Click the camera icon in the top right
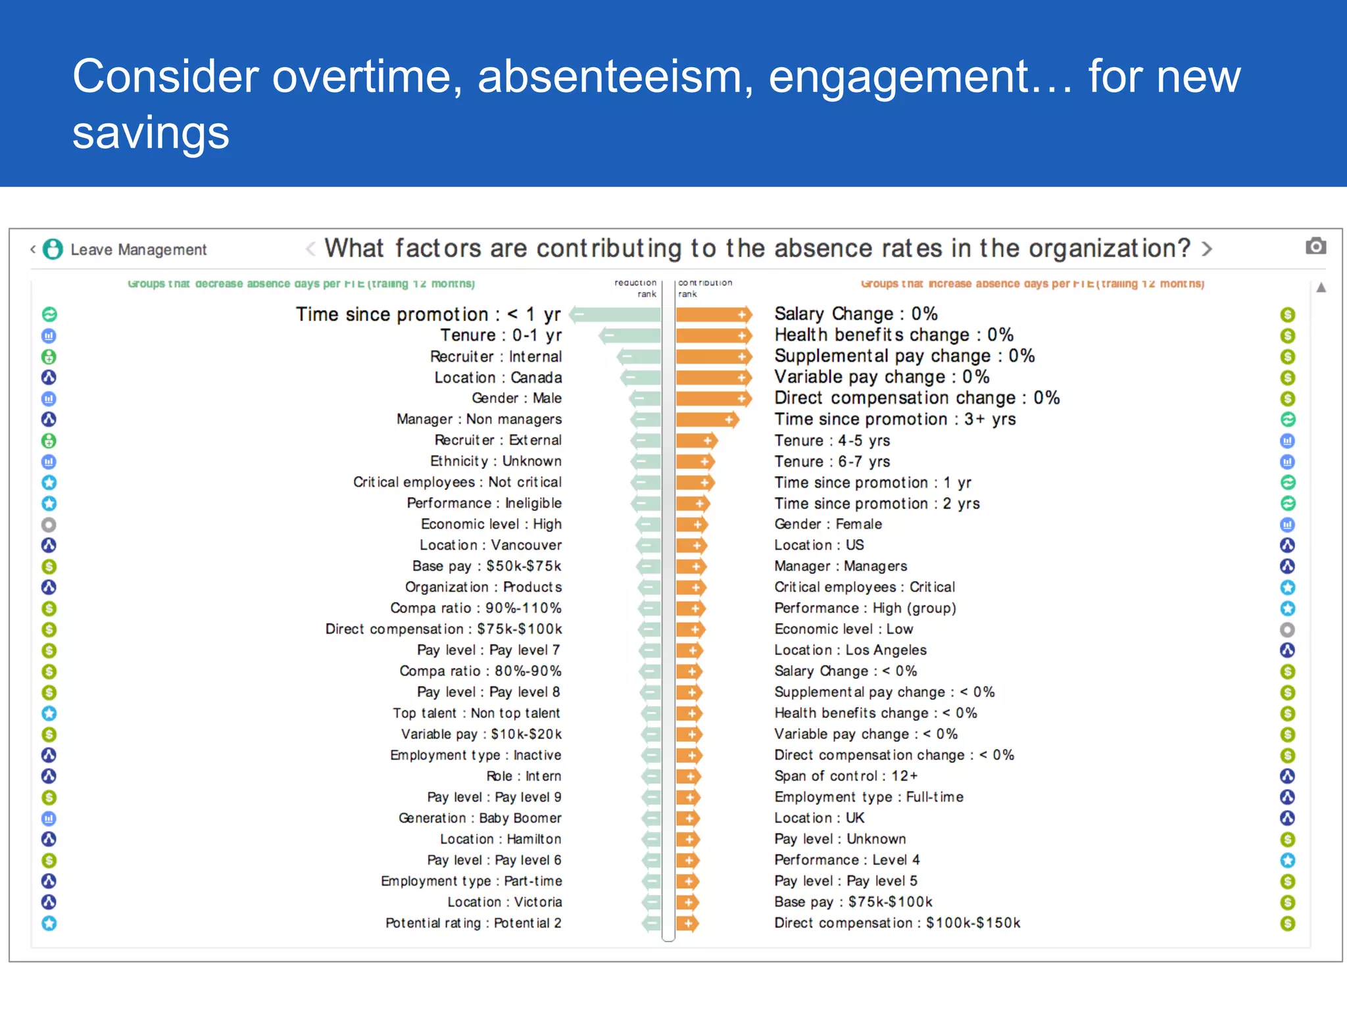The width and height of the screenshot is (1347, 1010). (x=1315, y=247)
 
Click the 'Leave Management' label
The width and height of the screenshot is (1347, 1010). (x=138, y=250)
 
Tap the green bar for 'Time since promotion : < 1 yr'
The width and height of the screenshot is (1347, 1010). (x=616, y=315)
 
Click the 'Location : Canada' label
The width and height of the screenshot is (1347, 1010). (x=498, y=378)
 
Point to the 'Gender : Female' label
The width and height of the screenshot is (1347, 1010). (x=828, y=524)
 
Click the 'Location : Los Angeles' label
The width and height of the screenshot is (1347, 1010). (x=850, y=650)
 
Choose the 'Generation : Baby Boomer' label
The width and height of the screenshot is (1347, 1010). (x=480, y=819)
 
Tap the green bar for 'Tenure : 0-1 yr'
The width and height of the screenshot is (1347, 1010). (x=630, y=336)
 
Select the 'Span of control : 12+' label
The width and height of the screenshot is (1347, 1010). (x=846, y=776)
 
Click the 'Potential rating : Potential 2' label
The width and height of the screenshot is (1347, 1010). (x=474, y=923)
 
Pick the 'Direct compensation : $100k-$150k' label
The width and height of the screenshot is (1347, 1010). (x=897, y=923)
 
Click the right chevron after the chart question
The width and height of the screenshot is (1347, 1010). (x=1207, y=249)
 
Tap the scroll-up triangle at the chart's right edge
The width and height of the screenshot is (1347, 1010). (x=1321, y=288)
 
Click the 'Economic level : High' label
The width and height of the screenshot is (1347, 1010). (x=491, y=524)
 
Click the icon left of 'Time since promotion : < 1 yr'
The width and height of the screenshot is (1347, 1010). (x=49, y=315)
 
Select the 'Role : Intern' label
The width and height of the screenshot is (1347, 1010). (x=524, y=776)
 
